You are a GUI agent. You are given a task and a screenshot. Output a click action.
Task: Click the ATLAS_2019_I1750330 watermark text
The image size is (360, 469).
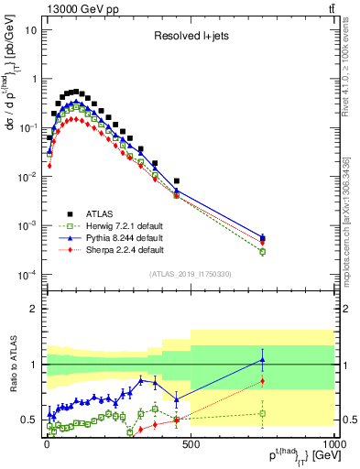190,274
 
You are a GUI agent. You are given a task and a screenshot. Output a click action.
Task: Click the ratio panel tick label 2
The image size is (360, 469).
34,309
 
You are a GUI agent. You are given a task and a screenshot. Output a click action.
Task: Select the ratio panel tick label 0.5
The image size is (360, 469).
28,420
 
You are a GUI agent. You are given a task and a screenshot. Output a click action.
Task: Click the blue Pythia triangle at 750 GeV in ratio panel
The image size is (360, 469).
262,359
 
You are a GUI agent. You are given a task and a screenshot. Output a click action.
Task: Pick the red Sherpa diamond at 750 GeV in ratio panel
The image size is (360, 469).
262,381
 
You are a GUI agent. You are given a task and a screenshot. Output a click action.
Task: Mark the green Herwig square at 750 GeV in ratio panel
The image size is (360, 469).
262,413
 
